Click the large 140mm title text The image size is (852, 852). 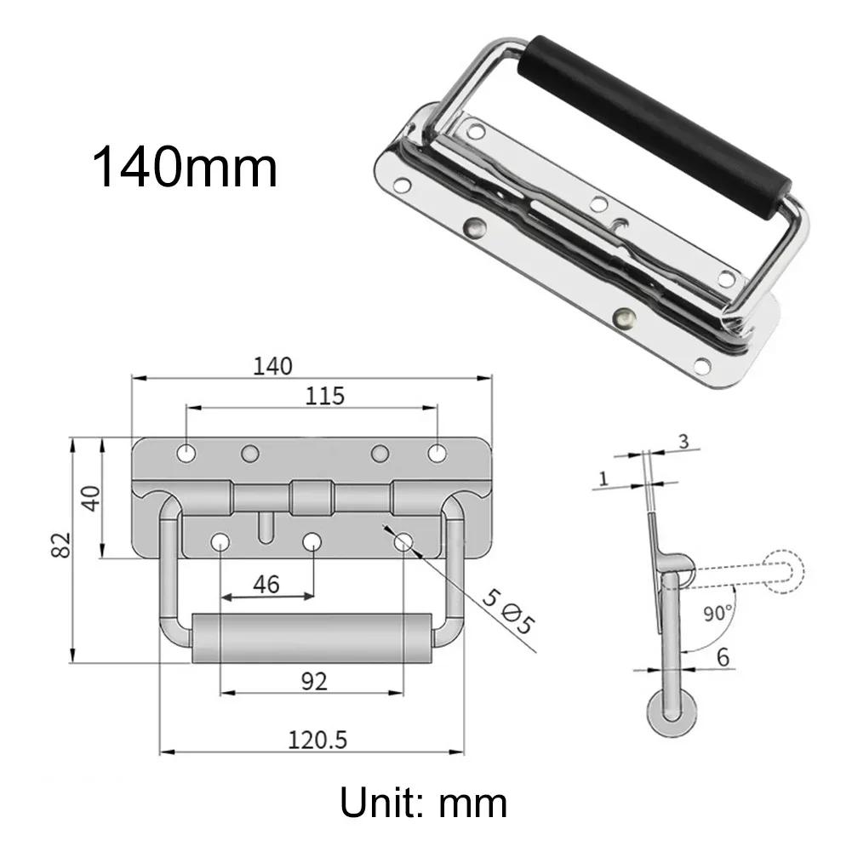185,167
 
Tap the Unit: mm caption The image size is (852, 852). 423,802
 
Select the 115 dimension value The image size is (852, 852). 325,396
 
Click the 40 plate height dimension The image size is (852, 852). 91,497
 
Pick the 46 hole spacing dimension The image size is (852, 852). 266,585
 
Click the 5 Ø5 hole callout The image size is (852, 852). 508,612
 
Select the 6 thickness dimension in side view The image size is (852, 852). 723,656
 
